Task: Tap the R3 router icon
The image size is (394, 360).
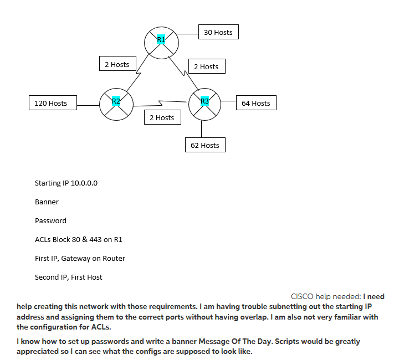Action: (204, 103)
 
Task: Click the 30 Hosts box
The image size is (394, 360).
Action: (218, 32)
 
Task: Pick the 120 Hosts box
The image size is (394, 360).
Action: (51, 103)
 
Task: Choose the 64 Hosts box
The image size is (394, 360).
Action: (255, 103)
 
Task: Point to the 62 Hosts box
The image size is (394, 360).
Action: (205, 145)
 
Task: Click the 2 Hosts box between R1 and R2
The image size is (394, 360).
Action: (117, 64)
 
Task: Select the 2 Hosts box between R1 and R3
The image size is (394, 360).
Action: (206, 66)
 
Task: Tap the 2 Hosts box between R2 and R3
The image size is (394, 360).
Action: (162, 117)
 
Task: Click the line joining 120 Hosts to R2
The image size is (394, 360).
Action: (88, 104)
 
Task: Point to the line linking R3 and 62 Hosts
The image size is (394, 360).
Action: (201, 128)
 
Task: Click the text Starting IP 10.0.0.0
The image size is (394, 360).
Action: (66, 183)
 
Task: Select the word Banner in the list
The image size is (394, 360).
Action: (47, 202)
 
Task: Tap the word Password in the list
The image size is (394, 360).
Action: (50, 220)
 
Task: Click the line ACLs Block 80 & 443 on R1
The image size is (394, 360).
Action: (78, 239)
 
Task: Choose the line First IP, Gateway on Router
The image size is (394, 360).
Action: (80, 258)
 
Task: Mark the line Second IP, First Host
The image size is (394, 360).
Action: (68, 277)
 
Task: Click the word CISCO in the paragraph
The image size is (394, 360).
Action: (302, 297)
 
